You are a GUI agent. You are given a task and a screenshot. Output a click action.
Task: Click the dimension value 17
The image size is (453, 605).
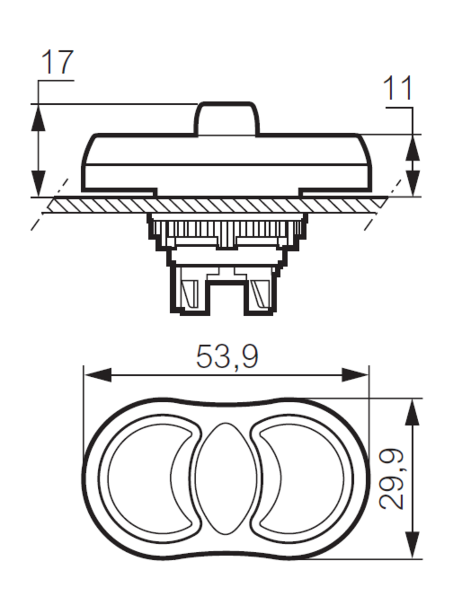pyautogui.click(x=58, y=63)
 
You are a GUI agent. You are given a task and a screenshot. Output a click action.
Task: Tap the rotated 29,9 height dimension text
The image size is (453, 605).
pyautogui.click(x=392, y=478)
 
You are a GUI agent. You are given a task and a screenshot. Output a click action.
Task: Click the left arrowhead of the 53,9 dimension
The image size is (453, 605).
pyautogui.click(x=97, y=375)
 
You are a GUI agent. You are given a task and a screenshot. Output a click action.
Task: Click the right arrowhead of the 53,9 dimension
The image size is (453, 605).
pyautogui.click(x=355, y=375)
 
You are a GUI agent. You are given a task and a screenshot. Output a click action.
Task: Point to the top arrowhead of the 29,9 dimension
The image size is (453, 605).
pyautogui.click(x=412, y=411)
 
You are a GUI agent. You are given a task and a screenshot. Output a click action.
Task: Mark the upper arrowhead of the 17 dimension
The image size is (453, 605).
pyautogui.click(x=38, y=118)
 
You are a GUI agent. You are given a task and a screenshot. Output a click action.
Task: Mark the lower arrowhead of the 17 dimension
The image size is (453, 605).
pyautogui.click(x=38, y=184)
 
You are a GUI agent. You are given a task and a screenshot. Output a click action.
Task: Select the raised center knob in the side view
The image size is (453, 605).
pyautogui.click(x=227, y=118)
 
